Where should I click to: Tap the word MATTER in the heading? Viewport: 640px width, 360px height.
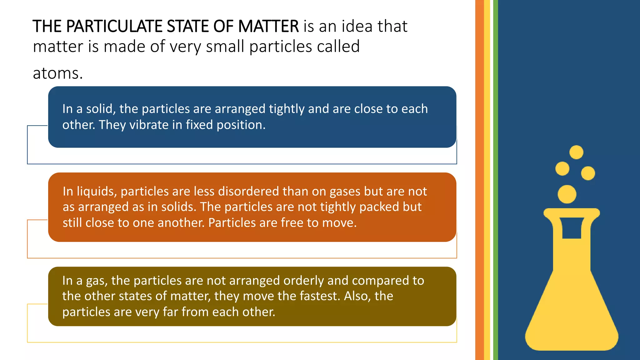tap(268, 26)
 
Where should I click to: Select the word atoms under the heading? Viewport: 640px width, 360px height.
tap(57, 74)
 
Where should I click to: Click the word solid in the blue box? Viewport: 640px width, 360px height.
tap(99, 109)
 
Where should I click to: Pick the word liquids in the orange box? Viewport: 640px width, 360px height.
tap(97, 192)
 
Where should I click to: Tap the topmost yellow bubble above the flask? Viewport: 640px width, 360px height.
tap(576, 152)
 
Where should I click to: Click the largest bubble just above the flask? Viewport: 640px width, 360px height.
tap(567, 194)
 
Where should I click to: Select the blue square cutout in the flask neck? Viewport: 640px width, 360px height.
tap(572, 228)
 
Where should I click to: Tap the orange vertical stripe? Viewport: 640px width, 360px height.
tap(479, 180)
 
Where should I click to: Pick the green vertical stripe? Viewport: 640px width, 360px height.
tap(495, 180)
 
